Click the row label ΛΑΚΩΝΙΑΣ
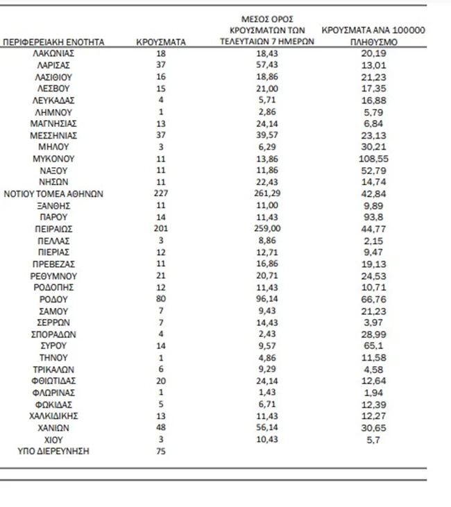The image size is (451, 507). pos(53,53)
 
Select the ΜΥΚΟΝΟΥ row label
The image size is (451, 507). pos(53,159)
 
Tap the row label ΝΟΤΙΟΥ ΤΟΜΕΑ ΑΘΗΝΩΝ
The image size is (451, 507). pos(53,194)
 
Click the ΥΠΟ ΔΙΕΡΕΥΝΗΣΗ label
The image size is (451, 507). pos(53,452)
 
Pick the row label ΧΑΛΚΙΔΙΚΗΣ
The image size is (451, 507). pos(53,416)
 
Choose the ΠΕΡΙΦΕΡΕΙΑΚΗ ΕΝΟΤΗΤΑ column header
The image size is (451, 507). pos(53,42)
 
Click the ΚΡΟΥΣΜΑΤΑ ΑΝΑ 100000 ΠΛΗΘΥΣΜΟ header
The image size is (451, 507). pos(374,36)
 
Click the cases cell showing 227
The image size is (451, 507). pos(161,194)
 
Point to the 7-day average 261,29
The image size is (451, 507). pos(272,194)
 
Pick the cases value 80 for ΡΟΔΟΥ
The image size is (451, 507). pos(161,299)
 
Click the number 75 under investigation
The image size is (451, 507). pos(161,452)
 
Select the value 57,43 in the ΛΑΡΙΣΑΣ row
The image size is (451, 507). pos(272,65)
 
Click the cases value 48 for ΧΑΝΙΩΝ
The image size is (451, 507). pos(161,428)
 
